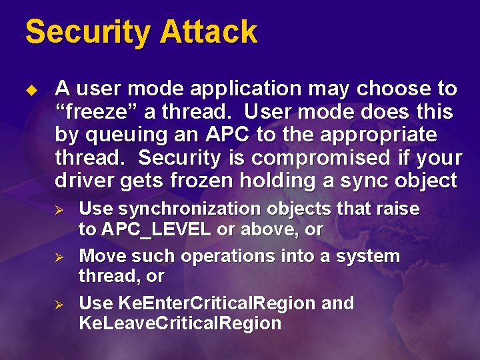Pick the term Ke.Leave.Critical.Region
tap(180, 324)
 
